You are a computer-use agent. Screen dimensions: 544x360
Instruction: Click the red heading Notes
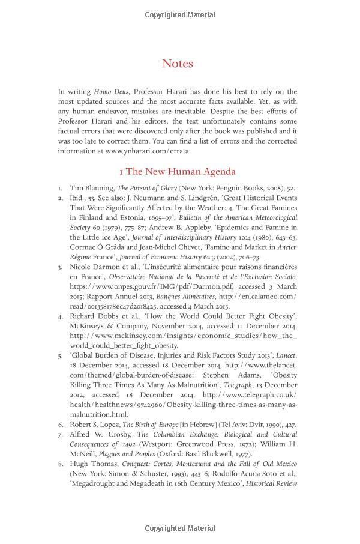tap(177, 64)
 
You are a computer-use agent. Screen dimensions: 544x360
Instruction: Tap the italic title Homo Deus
tap(112, 92)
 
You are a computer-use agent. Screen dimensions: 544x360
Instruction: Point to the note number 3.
tap(61, 267)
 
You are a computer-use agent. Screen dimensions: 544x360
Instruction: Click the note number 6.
tap(61, 425)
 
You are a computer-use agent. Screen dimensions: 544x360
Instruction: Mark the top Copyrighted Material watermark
tap(180, 15)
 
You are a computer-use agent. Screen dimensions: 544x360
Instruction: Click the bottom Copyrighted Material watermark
tap(180, 528)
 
